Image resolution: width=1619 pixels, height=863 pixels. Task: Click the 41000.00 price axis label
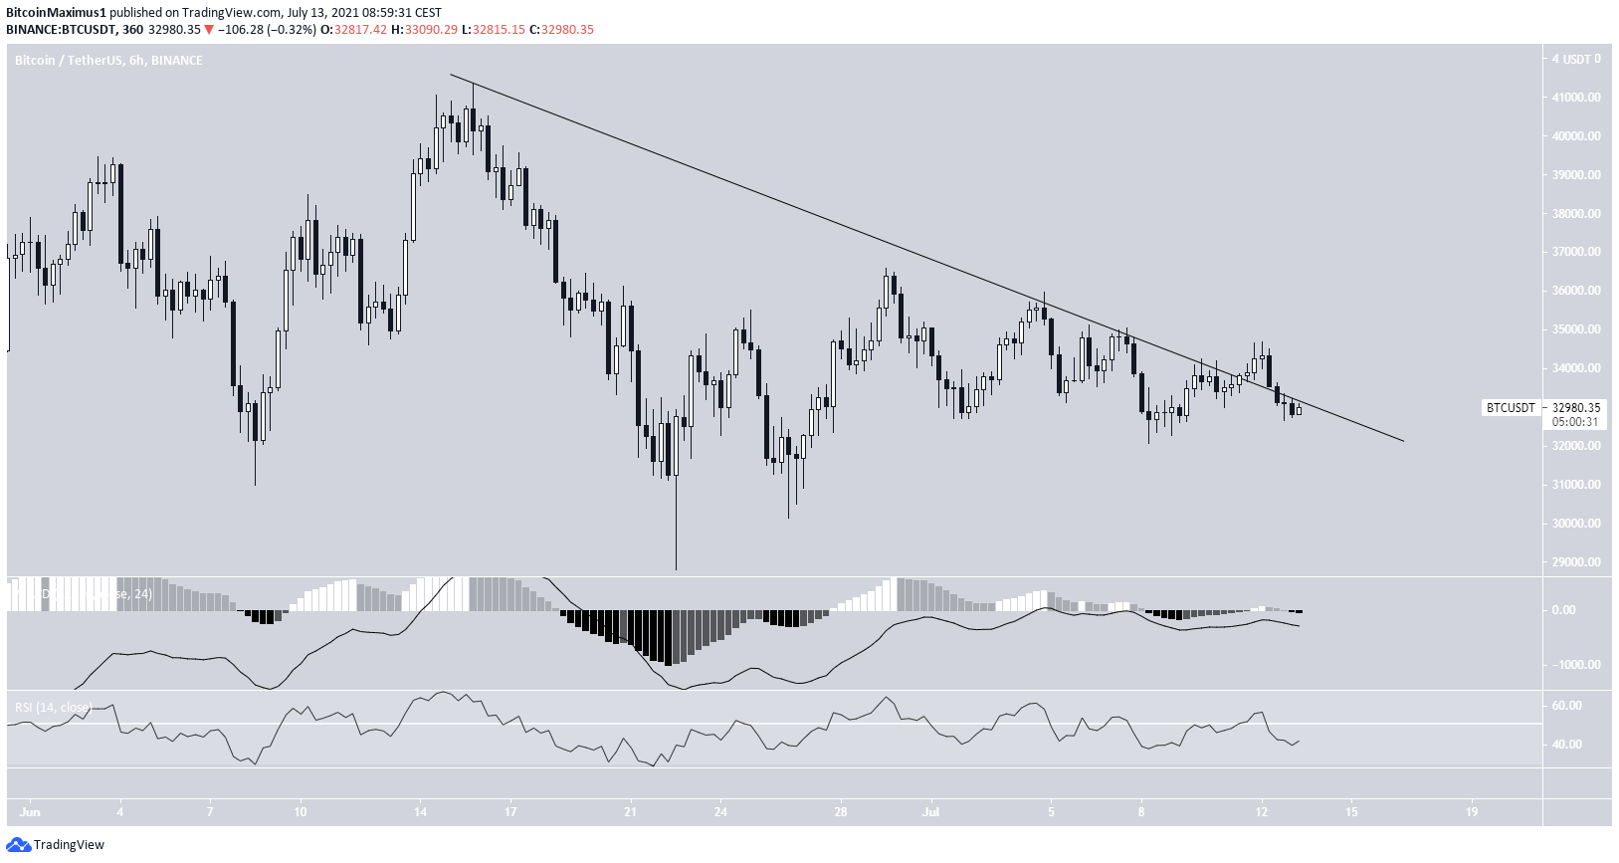[x=1576, y=98]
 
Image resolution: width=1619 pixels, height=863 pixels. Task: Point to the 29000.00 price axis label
[x=1576, y=562]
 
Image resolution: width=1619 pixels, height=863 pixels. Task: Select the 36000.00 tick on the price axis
[x=1576, y=291]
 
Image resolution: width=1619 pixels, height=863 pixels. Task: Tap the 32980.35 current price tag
[x=1576, y=407]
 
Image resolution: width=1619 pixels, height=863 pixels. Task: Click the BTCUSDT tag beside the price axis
[x=1511, y=407]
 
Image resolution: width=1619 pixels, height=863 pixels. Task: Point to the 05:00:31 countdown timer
[x=1575, y=422]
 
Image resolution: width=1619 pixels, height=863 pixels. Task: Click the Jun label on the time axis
[x=30, y=811]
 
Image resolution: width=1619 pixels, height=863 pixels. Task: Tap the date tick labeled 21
[x=630, y=811]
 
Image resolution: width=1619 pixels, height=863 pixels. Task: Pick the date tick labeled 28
[x=841, y=811]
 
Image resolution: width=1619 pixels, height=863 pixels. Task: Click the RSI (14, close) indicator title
[x=53, y=708]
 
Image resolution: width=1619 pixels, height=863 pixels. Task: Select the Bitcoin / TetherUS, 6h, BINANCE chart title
[x=108, y=61]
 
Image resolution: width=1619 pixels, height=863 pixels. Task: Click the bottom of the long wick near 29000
[x=676, y=569]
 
